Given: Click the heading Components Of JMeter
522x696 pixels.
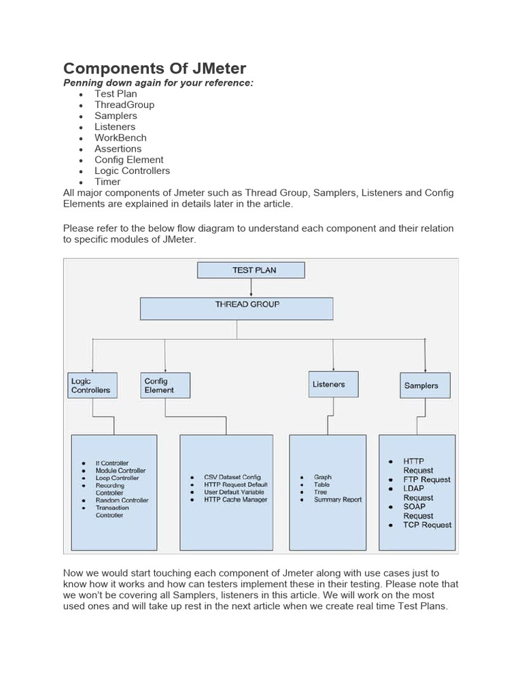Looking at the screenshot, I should click(154, 68).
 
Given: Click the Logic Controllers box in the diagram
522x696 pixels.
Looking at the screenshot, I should click(92, 385).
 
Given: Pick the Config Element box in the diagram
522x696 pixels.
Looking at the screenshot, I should click(165, 385).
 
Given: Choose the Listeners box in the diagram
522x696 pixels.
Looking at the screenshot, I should click(333, 385).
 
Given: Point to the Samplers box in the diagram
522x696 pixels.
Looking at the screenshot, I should click(425, 385).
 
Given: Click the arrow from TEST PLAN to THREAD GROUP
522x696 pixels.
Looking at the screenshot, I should click(251, 288).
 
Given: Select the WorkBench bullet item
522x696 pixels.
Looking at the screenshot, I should click(120, 137).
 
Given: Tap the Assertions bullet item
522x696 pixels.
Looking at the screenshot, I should click(118, 148).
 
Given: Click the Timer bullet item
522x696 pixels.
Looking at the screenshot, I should click(107, 181).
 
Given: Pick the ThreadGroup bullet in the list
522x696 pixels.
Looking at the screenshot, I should click(124, 105).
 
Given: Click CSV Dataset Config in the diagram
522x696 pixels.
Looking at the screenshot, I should click(232, 477).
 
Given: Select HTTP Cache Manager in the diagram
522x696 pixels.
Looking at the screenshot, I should click(236, 500).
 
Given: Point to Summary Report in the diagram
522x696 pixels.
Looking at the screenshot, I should click(338, 500).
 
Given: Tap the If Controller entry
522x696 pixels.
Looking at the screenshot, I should click(111, 463).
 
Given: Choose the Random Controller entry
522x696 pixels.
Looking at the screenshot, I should click(122, 500).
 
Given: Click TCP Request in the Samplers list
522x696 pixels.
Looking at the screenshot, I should click(427, 525).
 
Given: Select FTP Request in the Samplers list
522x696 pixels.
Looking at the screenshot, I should click(427, 479).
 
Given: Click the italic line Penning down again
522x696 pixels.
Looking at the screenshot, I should click(158, 82).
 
